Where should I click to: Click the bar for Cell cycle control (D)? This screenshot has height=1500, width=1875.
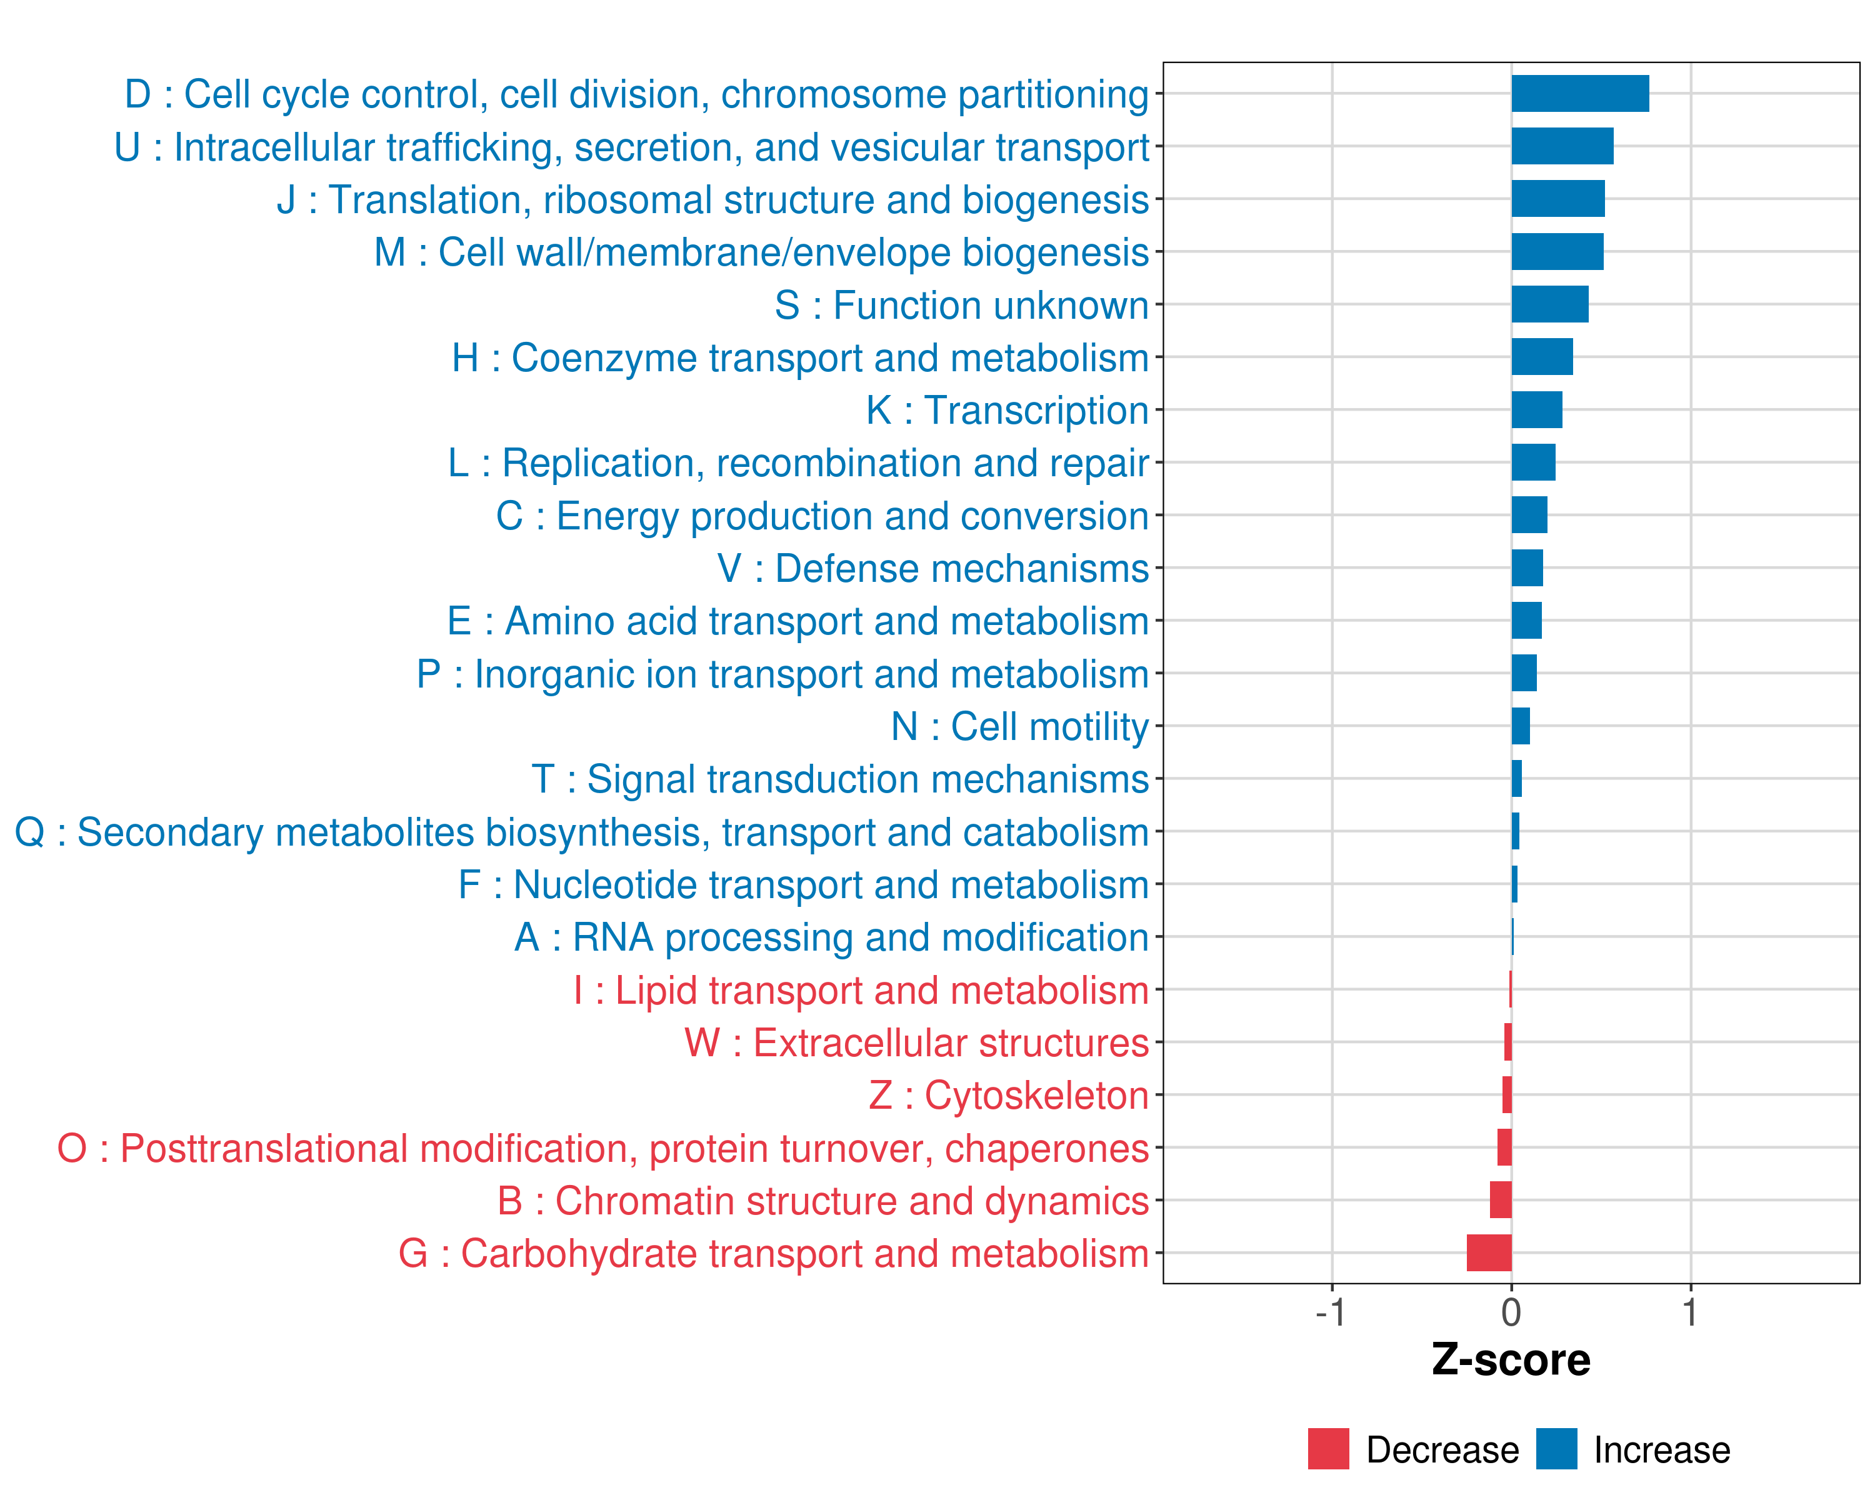pyautogui.click(x=1579, y=94)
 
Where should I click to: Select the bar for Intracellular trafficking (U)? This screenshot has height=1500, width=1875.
pyautogui.click(x=1562, y=146)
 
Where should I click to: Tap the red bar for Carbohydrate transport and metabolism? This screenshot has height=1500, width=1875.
pyautogui.click(x=1489, y=1253)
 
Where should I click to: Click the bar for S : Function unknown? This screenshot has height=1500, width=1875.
pyautogui.click(x=1550, y=304)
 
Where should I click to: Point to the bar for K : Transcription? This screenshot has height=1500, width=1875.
pyautogui.click(x=1537, y=409)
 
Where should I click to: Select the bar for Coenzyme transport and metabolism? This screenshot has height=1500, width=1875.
pyautogui.click(x=1542, y=356)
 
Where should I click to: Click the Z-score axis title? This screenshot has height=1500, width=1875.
pyautogui.click(x=1511, y=1360)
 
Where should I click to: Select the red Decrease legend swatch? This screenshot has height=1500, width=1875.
pyautogui.click(x=1328, y=1449)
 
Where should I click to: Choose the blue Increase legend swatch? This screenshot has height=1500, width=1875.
pyautogui.click(x=1556, y=1449)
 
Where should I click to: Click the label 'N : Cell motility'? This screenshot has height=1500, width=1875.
pyautogui.click(x=1019, y=726)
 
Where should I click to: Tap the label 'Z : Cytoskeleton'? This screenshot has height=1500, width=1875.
pyautogui.click(x=1009, y=1096)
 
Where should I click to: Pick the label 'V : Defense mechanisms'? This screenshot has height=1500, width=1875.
pyautogui.click(x=932, y=569)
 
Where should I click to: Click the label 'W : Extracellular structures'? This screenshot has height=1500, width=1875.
pyautogui.click(x=917, y=1042)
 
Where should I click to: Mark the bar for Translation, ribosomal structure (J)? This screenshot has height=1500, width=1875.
pyautogui.click(x=1557, y=199)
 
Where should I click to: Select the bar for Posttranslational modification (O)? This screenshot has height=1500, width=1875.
pyautogui.click(x=1504, y=1148)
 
